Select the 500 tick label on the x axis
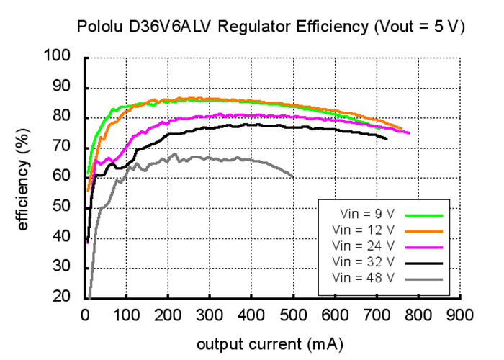pos(293,315)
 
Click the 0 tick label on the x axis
pos(85,315)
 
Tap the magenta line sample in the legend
pos(424,246)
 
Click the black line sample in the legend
pos(424,261)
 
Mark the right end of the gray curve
pos(293,176)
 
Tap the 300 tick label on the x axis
pos(210,315)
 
